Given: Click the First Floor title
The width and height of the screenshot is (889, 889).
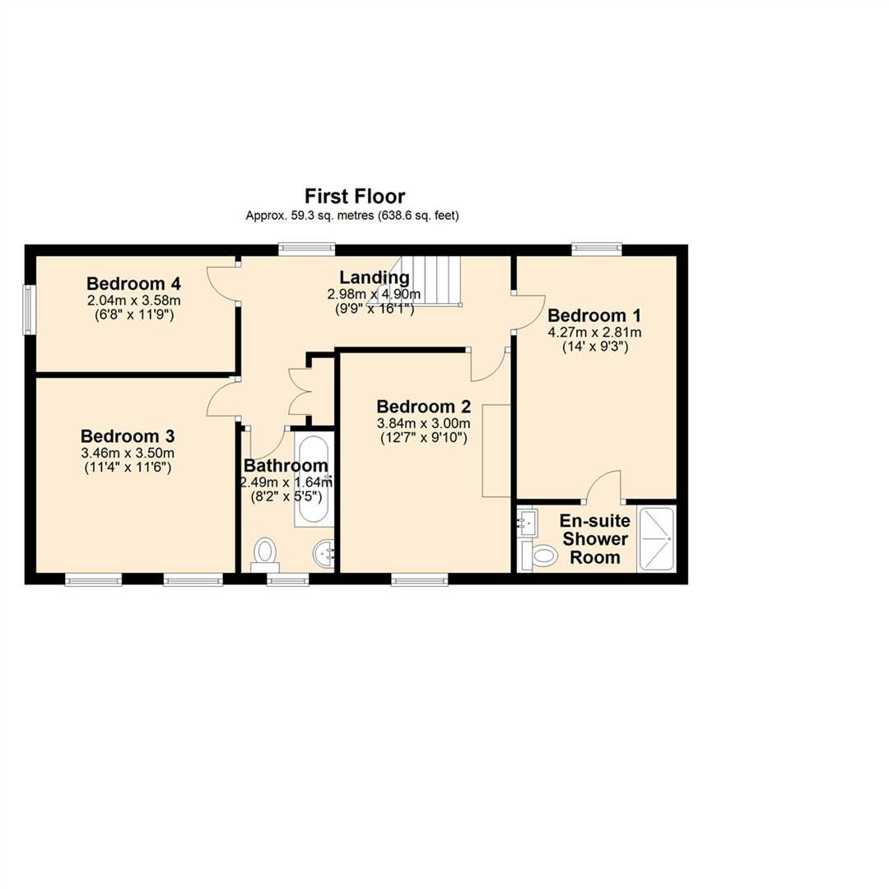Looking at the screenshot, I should tap(355, 196).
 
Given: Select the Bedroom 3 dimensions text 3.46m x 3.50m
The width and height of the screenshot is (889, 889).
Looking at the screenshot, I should tap(127, 453).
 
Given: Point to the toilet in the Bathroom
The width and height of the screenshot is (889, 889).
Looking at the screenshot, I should tap(266, 553).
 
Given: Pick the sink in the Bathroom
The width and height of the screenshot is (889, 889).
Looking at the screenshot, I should tap(325, 555).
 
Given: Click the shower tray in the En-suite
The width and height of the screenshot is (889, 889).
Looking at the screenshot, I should tap(657, 538).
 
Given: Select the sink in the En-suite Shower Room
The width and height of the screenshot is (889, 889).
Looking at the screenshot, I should tap(527, 520).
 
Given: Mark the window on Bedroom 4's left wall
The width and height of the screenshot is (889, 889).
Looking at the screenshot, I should tap(29, 310).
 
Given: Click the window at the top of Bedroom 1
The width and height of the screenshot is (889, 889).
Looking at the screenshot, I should tap(598, 248).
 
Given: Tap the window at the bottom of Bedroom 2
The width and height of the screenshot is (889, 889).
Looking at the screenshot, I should tap(420, 580).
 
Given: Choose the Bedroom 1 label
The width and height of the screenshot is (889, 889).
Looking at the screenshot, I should tap(594, 315).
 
